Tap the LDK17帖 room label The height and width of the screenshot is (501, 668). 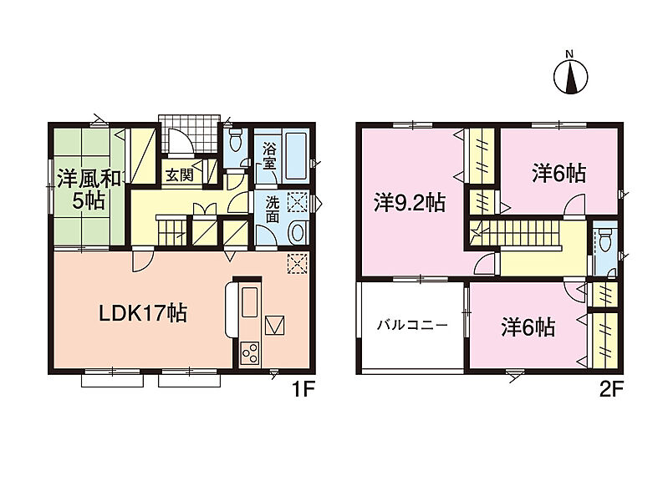[143, 314]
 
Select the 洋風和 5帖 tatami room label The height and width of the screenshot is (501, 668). [89, 190]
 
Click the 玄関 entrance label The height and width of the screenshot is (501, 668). [180, 175]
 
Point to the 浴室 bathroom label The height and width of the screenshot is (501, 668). [269, 156]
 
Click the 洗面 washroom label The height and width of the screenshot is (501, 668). [273, 209]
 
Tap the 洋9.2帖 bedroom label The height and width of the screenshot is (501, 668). [410, 203]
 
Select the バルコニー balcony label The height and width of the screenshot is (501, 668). [412, 326]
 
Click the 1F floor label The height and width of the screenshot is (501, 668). [303, 389]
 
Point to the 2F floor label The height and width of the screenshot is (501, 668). [611, 389]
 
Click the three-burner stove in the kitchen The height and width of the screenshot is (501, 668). [250, 352]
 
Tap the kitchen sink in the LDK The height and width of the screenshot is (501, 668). [250, 301]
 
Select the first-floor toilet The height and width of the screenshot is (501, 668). [236, 140]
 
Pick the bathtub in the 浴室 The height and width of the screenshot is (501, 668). [296, 156]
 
